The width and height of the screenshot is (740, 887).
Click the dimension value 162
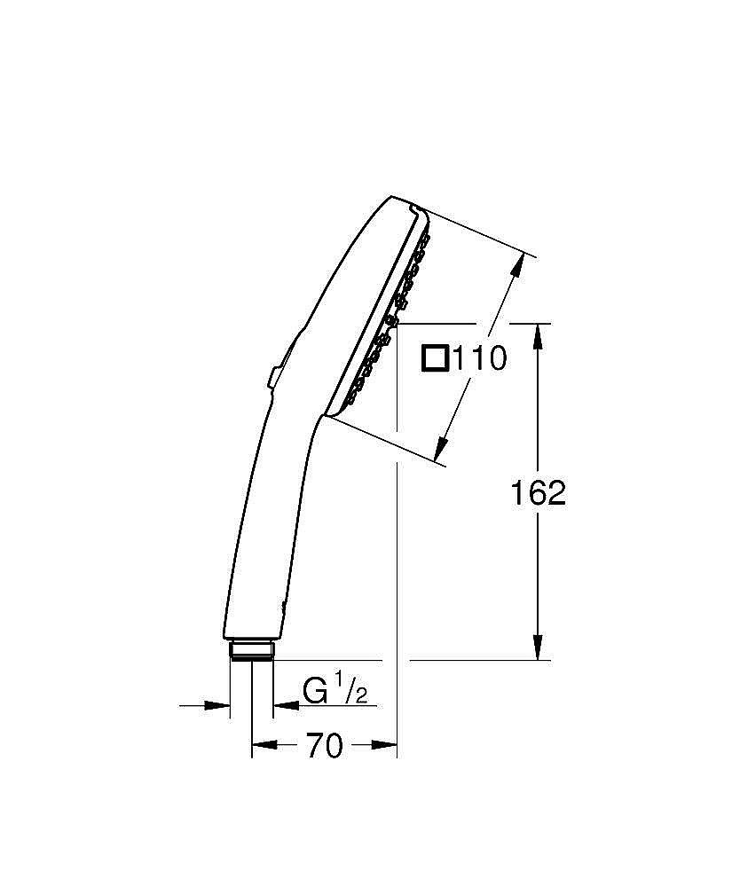(538, 492)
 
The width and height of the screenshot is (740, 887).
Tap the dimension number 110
(479, 359)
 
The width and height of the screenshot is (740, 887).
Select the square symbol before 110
(435, 358)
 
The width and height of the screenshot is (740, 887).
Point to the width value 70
(325, 747)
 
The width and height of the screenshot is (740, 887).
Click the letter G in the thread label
(315, 690)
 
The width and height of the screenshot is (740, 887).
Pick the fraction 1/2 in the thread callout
(350, 689)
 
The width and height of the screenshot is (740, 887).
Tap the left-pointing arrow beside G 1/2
(285, 706)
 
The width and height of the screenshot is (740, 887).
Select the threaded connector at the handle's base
(252, 650)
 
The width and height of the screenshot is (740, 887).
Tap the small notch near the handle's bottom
(283, 607)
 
